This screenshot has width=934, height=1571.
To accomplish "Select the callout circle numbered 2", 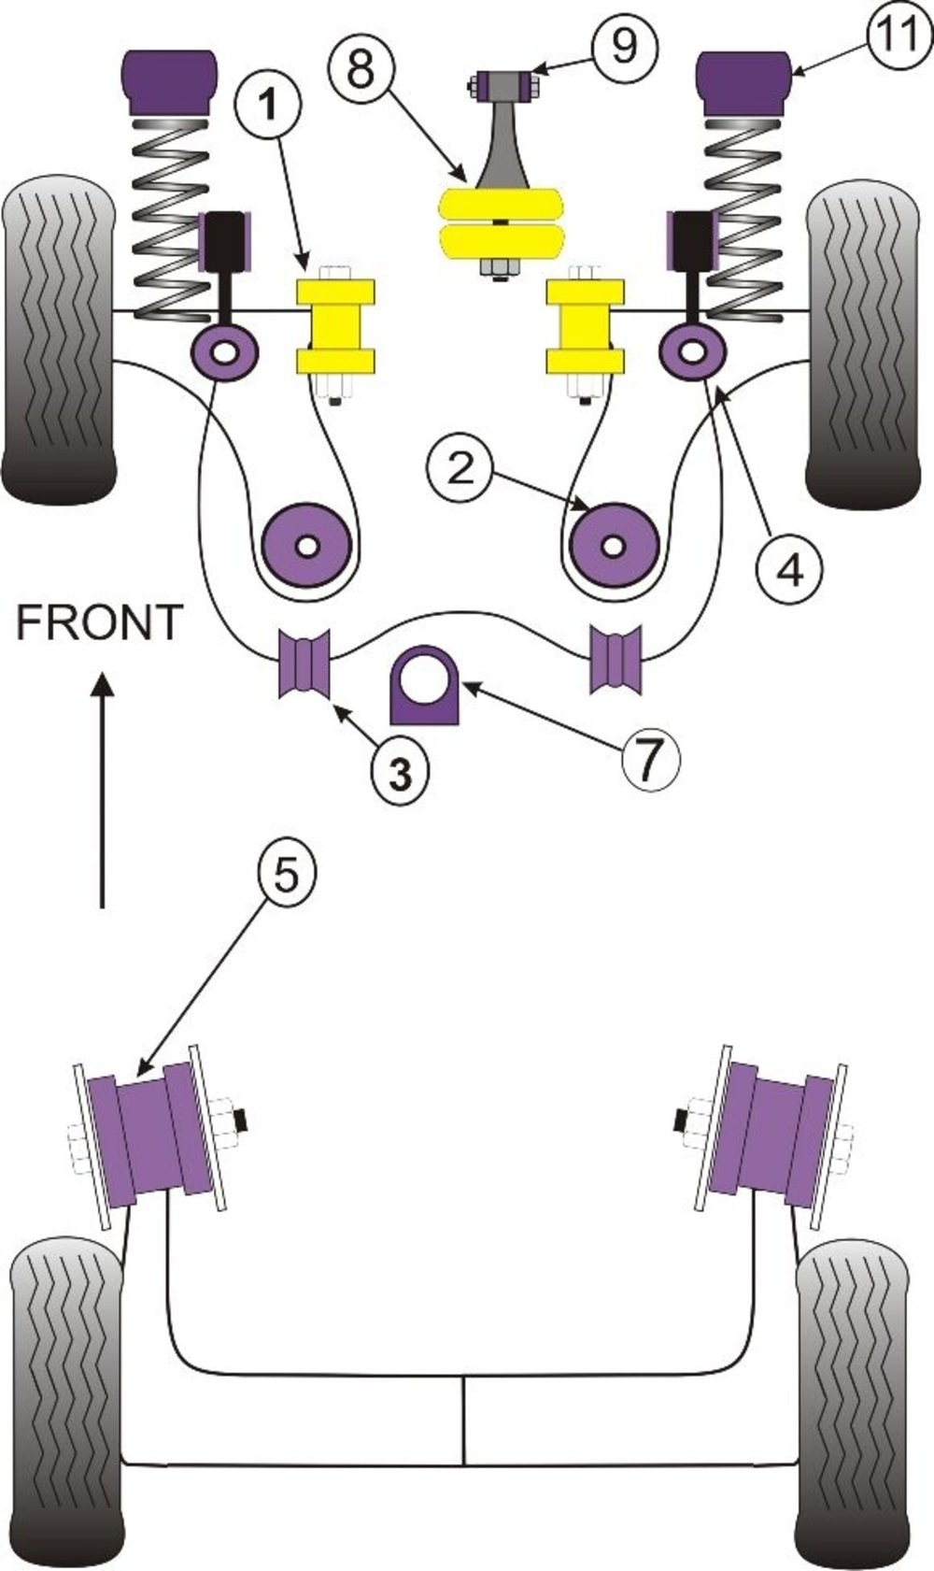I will click(x=461, y=468).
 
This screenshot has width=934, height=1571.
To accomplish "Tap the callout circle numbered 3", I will click(x=400, y=772).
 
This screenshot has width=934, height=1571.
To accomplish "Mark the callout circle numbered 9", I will click(x=624, y=44).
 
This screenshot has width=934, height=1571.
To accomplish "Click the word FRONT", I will click(x=99, y=623).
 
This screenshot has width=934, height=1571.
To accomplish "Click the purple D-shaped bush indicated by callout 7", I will click(x=427, y=686).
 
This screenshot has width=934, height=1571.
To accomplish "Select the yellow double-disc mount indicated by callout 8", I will click(x=502, y=222).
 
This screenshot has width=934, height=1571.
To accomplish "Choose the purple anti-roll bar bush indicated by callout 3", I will click(x=304, y=663).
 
